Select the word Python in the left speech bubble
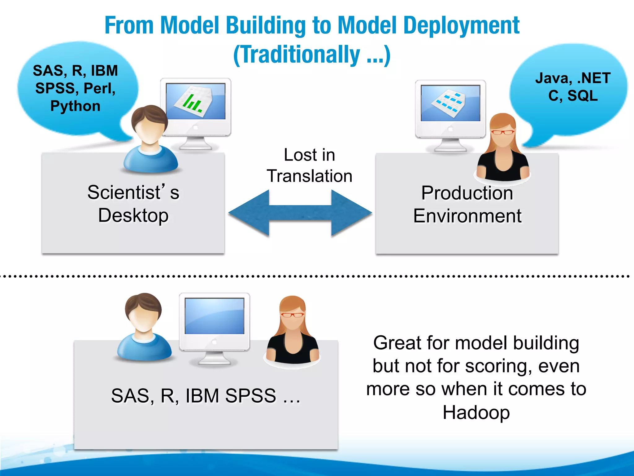pos(75,106)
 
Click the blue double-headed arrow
pos(300,213)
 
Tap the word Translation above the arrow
pos(310,176)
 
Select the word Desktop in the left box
pos(133,215)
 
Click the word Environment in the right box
pos(467,216)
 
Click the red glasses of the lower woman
pos(292,315)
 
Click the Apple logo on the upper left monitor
pos(195,126)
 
